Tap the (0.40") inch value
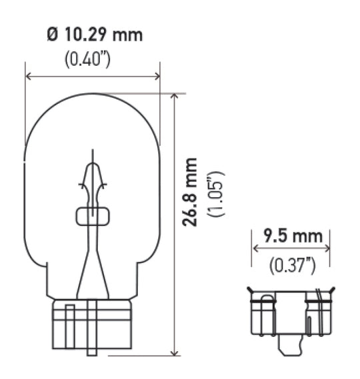87,59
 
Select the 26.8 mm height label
191,192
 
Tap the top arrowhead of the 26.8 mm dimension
174,97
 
